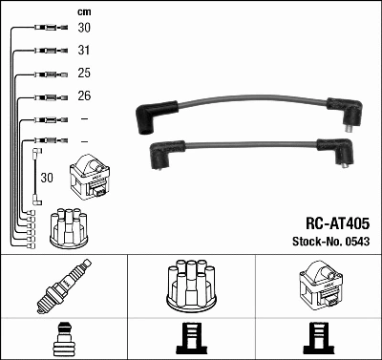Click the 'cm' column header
coord(84,11)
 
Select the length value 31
coord(85,51)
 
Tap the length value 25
coord(85,74)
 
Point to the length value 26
coord(85,96)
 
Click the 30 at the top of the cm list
coord(85,29)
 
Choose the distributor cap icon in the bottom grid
coord(191,286)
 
